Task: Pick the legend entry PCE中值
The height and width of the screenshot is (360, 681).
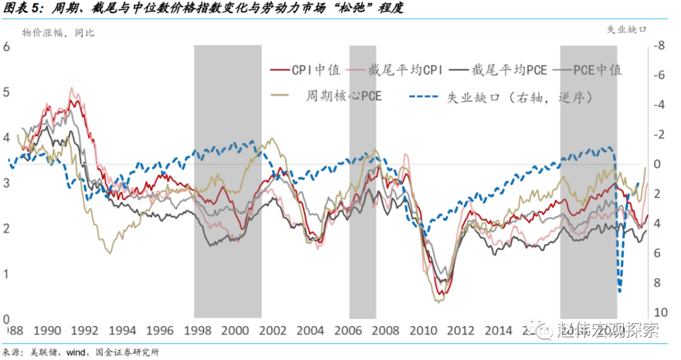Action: [597, 70]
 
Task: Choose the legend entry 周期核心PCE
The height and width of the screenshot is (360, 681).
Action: [344, 96]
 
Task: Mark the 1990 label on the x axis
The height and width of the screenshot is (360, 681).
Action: [47, 331]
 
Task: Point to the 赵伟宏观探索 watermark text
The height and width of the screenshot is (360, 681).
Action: [608, 330]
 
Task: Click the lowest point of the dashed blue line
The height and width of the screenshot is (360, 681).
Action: [620, 291]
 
